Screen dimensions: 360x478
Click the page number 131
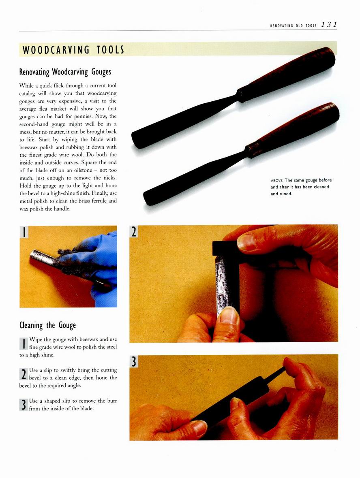(x=329, y=25)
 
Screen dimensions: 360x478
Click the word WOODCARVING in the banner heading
(x=56, y=50)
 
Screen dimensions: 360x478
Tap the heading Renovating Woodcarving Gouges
(x=65, y=72)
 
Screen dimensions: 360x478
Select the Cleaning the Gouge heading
(x=47, y=325)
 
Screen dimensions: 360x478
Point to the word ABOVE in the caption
(x=277, y=180)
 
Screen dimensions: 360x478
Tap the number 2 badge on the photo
(x=134, y=231)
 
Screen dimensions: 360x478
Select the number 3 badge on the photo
(x=134, y=361)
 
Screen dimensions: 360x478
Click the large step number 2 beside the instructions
(x=23, y=374)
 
